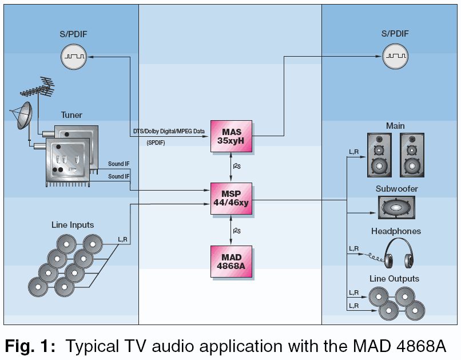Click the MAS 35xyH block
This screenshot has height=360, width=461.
[x=230, y=136]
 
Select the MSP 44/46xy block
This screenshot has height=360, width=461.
[x=230, y=199]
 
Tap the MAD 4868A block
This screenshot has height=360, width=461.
[x=230, y=261]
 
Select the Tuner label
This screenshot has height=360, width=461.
[x=71, y=115]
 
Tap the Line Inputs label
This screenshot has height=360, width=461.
[x=73, y=225]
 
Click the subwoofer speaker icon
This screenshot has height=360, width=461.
[x=396, y=207]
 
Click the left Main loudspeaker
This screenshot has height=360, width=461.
[x=376, y=155]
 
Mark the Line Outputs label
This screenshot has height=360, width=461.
[x=395, y=279]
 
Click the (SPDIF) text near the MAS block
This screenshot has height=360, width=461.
[x=156, y=142]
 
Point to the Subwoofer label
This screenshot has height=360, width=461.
[x=396, y=188]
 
